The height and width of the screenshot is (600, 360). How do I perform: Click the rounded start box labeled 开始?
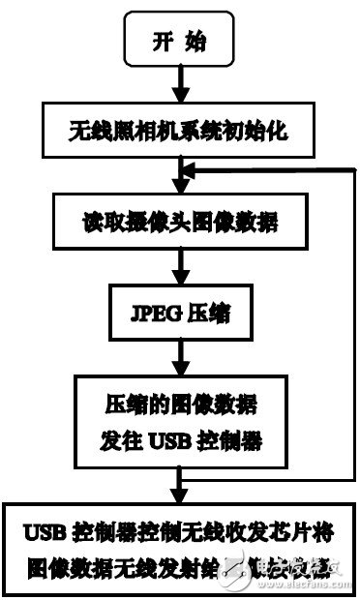tap(180, 42)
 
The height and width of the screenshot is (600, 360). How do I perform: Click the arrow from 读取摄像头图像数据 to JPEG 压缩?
tap(180, 266)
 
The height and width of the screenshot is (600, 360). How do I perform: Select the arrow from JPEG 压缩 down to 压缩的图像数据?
tap(180, 355)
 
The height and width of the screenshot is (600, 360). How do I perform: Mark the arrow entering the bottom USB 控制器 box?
tap(180, 484)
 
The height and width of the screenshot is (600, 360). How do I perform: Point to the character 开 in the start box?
tap(163, 42)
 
